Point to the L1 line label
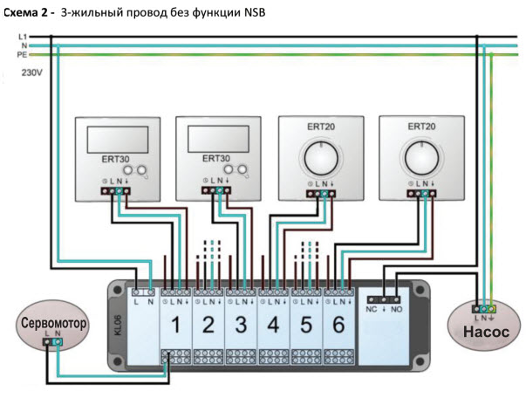point(22,37)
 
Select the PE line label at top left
point(22,54)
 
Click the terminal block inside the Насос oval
point(484,309)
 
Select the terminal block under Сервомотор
point(51,342)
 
